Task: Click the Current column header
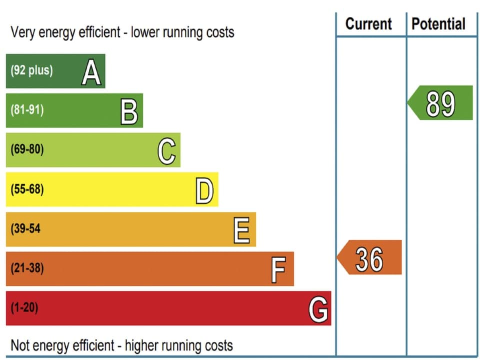coord(369,23)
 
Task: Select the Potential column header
coord(438,23)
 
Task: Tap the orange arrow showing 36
coord(369,257)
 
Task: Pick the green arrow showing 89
coord(440,103)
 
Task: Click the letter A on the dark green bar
coord(91,71)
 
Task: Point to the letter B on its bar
coord(129,111)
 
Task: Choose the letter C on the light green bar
coord(166,150)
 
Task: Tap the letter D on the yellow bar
coord(204,190)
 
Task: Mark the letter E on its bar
coord(241,230)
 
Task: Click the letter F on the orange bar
coord(278,269)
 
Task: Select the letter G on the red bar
coord(318,309)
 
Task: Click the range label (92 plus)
coord(31,70)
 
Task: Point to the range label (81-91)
coord(27,110)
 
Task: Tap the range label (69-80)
coord(27,149)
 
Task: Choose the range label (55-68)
coord(27,189)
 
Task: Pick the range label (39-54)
coord(26,229)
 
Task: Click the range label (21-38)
coord(27,268)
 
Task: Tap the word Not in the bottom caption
coord(19,345)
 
